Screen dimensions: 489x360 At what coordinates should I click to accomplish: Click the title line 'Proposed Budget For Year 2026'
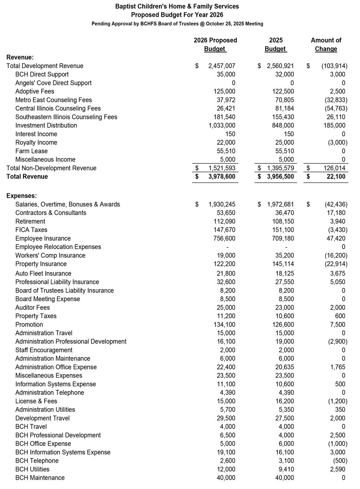tap(177, 15)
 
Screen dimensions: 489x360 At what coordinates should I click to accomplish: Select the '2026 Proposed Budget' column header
tap(215, 45)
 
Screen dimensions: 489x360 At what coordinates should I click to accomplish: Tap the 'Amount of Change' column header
tap(326, 45)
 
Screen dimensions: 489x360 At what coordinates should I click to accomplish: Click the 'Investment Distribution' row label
tap(46, 125)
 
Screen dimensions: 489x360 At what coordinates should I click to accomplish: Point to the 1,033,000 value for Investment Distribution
tap(222, 125)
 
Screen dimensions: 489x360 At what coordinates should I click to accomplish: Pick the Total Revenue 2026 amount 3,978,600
tap(222, 177)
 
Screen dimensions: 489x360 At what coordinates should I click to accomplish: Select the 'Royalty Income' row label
tap(36, 143)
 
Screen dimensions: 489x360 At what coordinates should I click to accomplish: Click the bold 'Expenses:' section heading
tap(22, 196)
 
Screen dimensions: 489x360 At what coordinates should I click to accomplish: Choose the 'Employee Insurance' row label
tap(43, 239)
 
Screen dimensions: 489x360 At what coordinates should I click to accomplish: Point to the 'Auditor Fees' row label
tap(32, 308)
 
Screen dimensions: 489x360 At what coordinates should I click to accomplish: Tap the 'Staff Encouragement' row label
tap(44, 350)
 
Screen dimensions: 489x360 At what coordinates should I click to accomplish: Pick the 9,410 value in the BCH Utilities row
tap(285, 470)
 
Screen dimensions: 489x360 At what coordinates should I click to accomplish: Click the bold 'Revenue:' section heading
tap(20, 57)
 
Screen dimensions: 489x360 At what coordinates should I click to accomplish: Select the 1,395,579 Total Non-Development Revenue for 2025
tap(280, 168)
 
